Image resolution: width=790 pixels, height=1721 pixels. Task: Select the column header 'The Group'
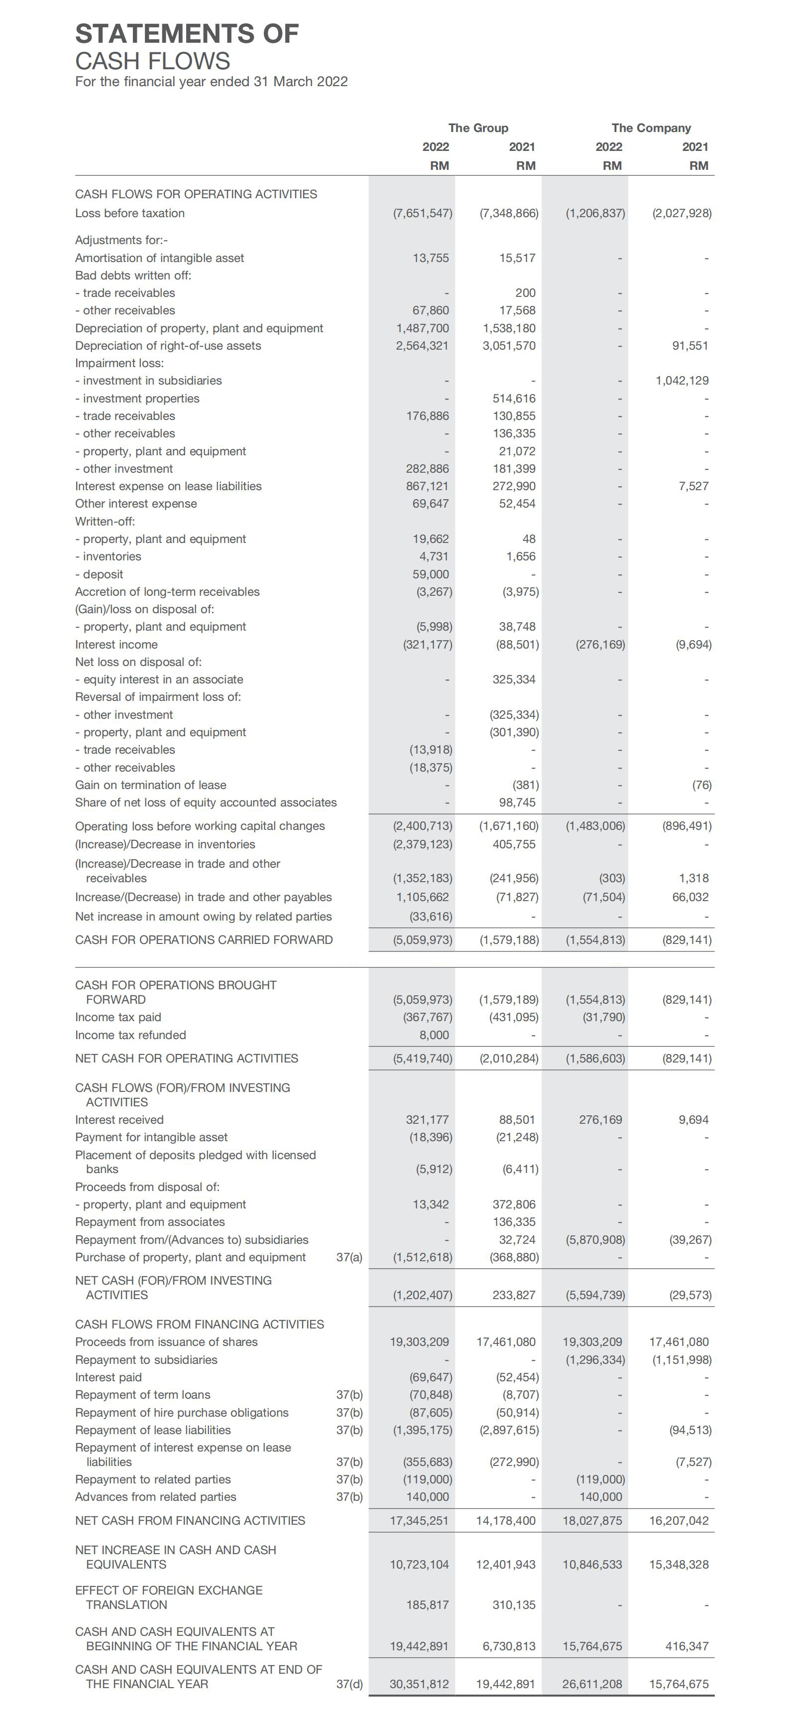click(478, 128)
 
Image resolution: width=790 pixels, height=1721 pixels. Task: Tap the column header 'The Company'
click(651, 128)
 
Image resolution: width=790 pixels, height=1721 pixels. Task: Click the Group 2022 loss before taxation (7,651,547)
click(422, 213)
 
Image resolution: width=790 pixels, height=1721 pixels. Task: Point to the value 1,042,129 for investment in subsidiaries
click(682, 380)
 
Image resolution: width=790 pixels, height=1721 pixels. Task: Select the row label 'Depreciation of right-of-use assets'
click(168, 345)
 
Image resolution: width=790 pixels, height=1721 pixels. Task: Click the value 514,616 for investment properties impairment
click(514, 398)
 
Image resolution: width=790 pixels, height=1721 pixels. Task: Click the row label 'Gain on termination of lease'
click(150, 785)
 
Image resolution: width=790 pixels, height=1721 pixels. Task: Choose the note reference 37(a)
click(349, 1257)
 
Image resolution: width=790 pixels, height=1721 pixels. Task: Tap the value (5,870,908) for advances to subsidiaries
click(595, 1239)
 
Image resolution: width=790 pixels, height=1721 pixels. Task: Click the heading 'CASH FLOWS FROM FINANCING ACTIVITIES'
click(199, 1324)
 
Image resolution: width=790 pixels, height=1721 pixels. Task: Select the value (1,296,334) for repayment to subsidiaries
click(595, 1359)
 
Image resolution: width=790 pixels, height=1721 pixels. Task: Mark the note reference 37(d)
click(349, 1684)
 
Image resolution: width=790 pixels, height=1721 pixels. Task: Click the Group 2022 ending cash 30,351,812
click(419, 1684)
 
